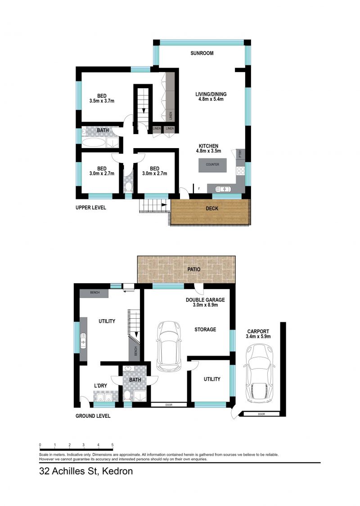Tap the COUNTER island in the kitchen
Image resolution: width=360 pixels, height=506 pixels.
(212, 165)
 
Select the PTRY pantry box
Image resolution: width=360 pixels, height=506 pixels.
(240, 154)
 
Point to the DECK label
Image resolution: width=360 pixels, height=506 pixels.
(211, 208)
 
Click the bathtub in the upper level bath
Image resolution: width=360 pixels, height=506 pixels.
(94, 143)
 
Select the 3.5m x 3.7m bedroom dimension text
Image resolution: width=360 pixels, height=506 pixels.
(102, 101)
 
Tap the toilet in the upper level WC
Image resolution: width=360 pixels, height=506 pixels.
(128, 187)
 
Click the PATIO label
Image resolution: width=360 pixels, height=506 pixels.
(194, 269)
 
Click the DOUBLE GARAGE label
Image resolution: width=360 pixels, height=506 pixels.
(205, 299)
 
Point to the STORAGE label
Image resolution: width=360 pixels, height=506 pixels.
(205, 330)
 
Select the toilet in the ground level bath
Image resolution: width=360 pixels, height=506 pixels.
(127, 396)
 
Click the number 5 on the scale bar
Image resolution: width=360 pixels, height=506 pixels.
(112, 445)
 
